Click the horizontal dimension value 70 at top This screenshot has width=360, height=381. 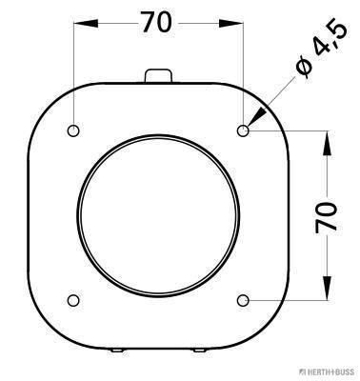pos(158,24)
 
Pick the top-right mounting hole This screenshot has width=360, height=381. pos(244,130)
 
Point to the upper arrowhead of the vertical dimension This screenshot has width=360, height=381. pos(327,138)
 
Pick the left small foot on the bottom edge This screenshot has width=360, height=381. pos(116,351)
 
